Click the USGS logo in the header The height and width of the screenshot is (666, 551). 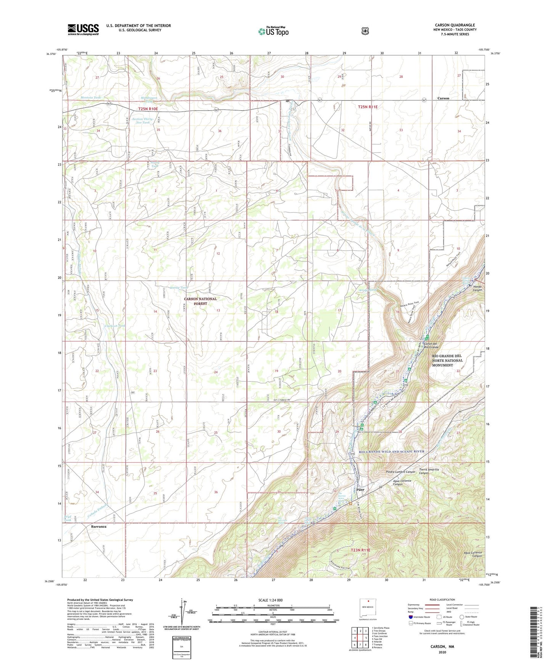[83, 29]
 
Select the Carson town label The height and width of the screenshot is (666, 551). [443, 98]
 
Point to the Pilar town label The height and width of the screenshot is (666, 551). [360, 490]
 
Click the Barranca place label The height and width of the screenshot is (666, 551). [99, 526]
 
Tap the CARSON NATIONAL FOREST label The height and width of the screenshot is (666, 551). [200, 301]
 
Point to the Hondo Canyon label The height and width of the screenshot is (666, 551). [477, 288]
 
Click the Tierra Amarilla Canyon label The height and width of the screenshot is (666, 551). [429, 471]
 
